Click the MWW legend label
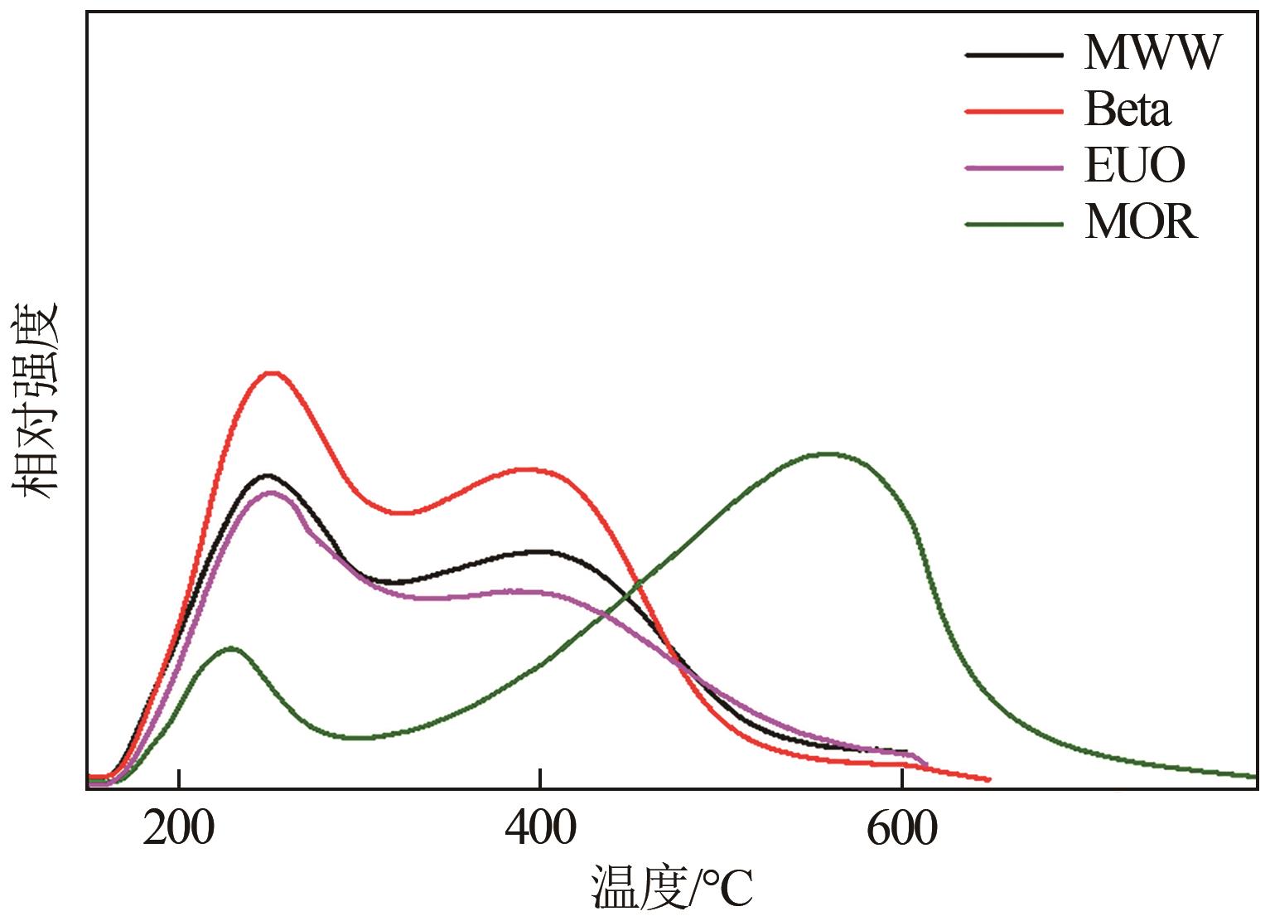tap(1152, 53)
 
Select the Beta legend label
tap(1128, 109)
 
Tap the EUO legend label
tap(1135, 166)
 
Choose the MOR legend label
tap(1141, 222)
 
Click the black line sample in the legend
tap(1013, 55)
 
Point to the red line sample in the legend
tap(1013, 111)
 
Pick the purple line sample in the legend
tap(1013, 167)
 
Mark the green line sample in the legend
tap(1013, 224)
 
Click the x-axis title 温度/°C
tap(672, 888)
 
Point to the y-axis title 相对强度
tap(35, 400)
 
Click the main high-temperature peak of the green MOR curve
tap(828, 453)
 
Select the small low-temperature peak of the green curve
tap(230, 647)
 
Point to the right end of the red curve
tap(988, 779)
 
